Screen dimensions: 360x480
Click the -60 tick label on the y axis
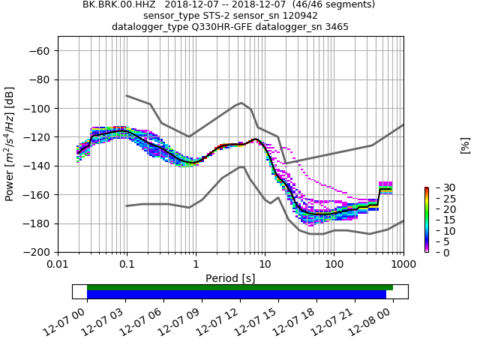[40, 51]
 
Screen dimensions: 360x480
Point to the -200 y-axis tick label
[37, 252]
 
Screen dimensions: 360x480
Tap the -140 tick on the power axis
[37, 166]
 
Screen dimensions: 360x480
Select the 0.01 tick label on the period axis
[58, 265]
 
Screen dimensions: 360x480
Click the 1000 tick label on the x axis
[403, 265]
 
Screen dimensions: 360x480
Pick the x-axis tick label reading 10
[265, 265]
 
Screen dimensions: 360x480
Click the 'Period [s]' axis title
[230, 278]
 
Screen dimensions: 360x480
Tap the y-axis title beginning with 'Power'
[10, 144]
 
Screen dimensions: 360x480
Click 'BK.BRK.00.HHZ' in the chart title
[117, 4]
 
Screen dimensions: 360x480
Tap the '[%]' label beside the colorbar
[465, 145]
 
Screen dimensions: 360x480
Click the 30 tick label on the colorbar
[439, 187]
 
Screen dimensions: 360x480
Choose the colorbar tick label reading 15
[439, 220]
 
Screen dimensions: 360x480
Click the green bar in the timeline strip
[240, 287]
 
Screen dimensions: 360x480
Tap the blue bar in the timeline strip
[236, 295]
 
